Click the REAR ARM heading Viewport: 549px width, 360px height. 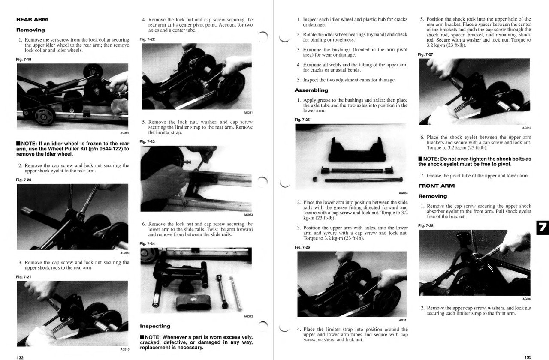32,19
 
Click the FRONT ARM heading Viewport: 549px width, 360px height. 436,186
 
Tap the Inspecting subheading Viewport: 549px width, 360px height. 155,326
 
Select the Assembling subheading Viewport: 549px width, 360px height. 311,90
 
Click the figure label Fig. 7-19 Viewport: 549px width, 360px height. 24,59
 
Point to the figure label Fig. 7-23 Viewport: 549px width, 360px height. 147,141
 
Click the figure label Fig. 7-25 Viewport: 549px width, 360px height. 302,120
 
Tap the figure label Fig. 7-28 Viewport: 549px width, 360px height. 425,225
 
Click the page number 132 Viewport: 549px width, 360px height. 20,357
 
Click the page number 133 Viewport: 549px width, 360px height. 528,357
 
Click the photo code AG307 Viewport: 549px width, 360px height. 124,133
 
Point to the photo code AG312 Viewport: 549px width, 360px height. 248,316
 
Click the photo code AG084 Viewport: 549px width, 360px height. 403,193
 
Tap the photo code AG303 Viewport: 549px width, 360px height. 527,299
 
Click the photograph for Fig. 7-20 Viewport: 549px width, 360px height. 72,216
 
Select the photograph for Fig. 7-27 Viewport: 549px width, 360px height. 474,91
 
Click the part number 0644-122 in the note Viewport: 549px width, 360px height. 103,149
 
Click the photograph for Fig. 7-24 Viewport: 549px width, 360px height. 196,280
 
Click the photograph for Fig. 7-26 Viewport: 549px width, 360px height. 352,284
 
